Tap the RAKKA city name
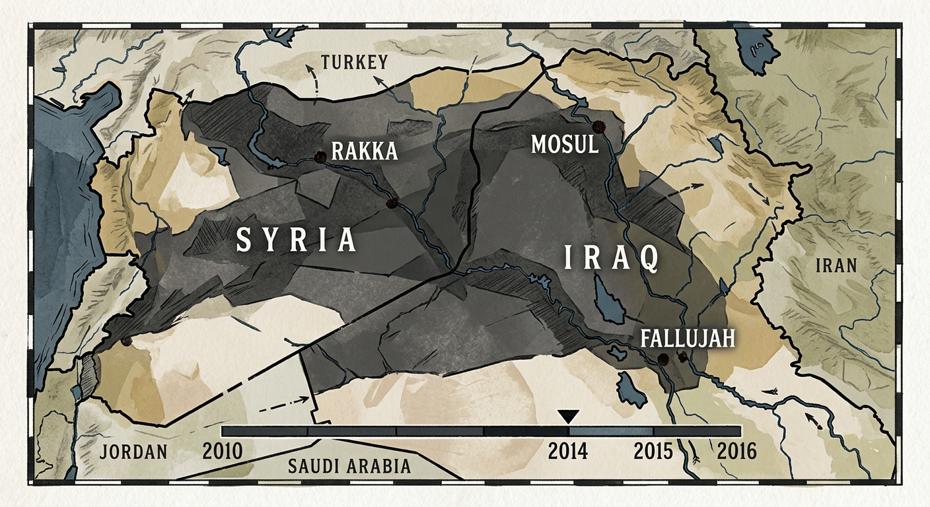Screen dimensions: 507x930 pos(365,151)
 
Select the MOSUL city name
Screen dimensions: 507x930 pos(565,145)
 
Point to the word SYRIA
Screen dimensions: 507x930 pos(297,241)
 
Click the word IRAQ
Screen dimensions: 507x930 pos(611,259)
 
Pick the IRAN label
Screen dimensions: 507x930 pos(836,266)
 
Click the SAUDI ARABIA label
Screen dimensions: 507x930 pos(349,466)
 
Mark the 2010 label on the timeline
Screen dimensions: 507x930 pos(223,452)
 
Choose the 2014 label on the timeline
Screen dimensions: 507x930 pos(569,452)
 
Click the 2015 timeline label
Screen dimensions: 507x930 pos(653,452)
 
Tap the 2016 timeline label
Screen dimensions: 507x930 pos(736,452)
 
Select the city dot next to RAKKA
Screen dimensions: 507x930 pos(320,156)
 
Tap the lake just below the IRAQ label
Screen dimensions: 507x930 pos(609,298)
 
